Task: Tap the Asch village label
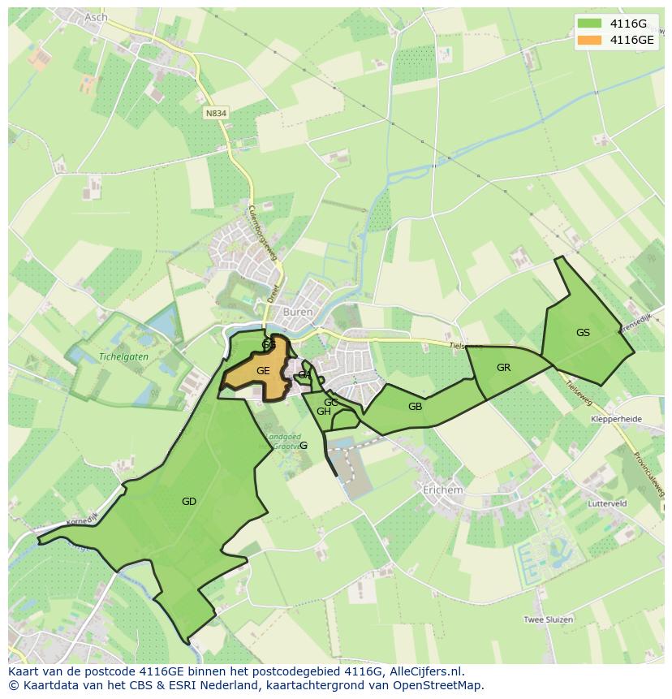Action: pyautogui.click(x=95, y=17)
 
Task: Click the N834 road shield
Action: pyautogui.click(x=216, y=114)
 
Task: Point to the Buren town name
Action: pyautogui.click(x=297, y=311)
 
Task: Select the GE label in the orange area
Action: pyautogui.click(x=263, y=370)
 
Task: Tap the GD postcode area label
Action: pyautogui.click(x=189, y=502)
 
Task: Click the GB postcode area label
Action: pyautogui.click(x=415, y=407)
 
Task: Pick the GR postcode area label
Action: pyautogui.click(x=503, y=368)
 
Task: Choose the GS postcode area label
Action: pyautogui.click(x=583, y=332)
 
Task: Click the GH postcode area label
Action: pyautogui.click(x=323, y=412)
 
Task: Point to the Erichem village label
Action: pyautogui.click(x=443, y=490)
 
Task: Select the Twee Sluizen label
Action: pyautogui.click(x=548, y=619)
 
